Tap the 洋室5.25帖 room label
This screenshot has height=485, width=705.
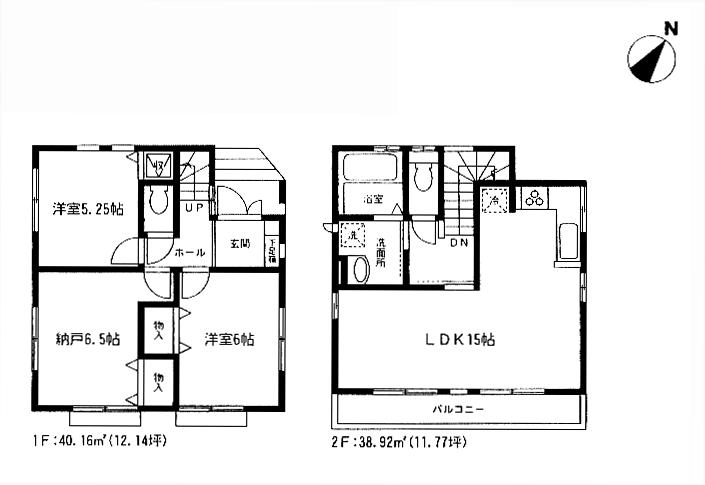click(x=89, y=210)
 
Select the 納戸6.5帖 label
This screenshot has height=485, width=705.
click(x=87, y=340)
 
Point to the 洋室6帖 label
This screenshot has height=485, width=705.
click(x=229, y=340)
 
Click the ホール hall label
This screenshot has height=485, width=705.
click(x=190, y=253)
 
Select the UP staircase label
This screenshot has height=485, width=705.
click(x=194, y=208)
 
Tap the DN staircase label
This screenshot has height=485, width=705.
click(x=460, y=242)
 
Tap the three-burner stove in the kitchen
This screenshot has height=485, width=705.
click(x=533, y=198)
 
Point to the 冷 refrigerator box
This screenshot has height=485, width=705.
click(x=494, y=200)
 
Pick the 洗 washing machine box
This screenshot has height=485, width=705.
click(x=352, y=236)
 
